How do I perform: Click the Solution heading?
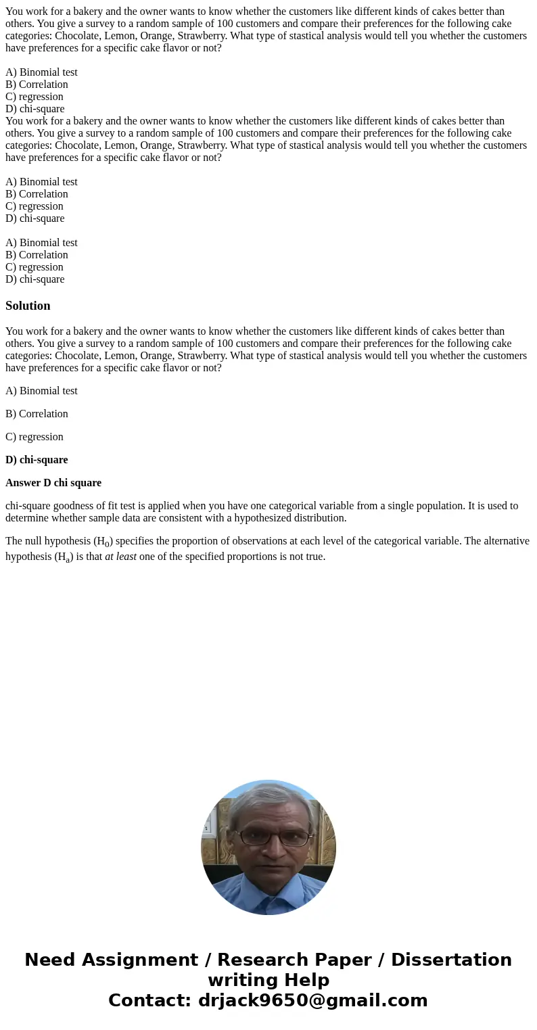pyautogui.click(x=28, y=306)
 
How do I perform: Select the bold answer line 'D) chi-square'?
pyautogui.click(x=37, y=460)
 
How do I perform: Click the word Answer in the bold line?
pyautogui.click(x=22, y=483)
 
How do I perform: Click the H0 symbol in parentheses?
pyautogui.click(x=103, y=542)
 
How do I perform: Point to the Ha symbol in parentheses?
pyautogui.click(x=62, y=558)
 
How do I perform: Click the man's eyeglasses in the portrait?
pyautogui.click(x=271, y=837)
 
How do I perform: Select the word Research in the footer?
pyautogui.click(x=260, y=960)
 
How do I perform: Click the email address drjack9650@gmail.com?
pyautogui.click(x=312, y=1001)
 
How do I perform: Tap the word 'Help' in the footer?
pyautogui.click(x=306, y=981)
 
